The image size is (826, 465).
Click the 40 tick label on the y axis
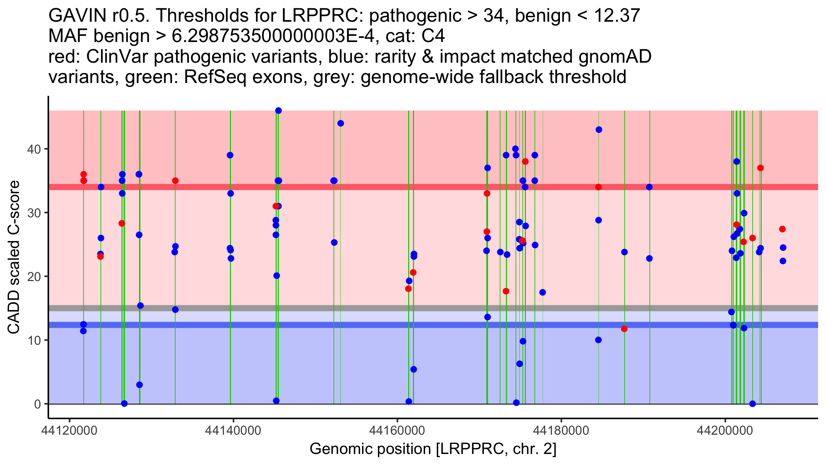[34, 149]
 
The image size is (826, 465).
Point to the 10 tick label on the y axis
[34, 340]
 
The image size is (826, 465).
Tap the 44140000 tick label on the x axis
[233, 430]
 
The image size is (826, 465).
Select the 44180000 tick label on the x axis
[561, 430]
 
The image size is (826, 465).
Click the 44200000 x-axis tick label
[726, 430]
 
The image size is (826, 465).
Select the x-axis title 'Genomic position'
[370, 449]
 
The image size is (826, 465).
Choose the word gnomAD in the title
[615, 56]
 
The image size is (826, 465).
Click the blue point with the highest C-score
[278, 111]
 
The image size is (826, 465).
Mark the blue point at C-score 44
[341, 123]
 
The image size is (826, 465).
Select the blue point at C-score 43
[599, 130]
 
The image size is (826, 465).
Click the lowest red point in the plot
[624, 329]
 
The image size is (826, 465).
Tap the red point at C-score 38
[525, 162]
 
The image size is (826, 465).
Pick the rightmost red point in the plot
[782, 229]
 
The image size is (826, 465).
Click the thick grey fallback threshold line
[433, 308]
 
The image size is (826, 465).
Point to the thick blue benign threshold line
[433, 325]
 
